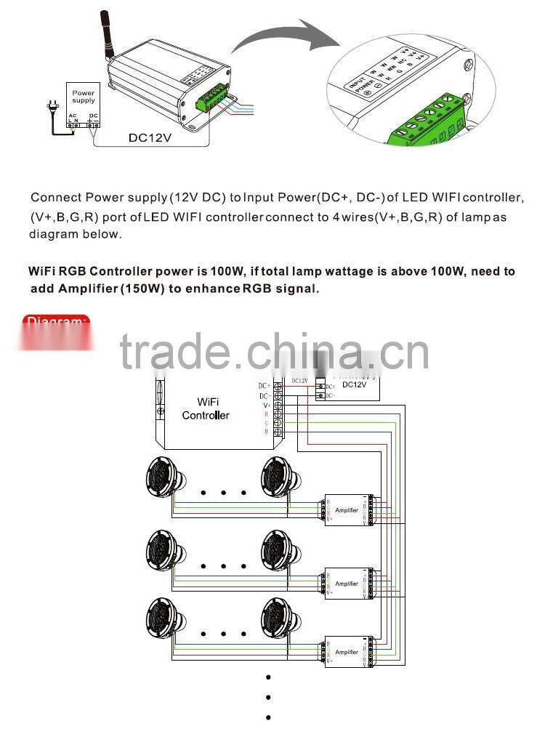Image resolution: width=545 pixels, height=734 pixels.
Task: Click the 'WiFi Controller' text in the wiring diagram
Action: coord(206,408)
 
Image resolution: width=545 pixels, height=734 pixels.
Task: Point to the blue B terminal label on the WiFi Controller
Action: coord(266,432)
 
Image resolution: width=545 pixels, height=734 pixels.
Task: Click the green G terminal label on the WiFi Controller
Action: coord(266,422)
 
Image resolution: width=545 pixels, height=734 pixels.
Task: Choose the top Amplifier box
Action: coord(347,510)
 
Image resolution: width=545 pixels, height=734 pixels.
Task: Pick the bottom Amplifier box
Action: coord(347,652)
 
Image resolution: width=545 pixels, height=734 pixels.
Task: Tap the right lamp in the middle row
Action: coord(280,550)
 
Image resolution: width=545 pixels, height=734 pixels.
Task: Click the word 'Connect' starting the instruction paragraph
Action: coord(56,198)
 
